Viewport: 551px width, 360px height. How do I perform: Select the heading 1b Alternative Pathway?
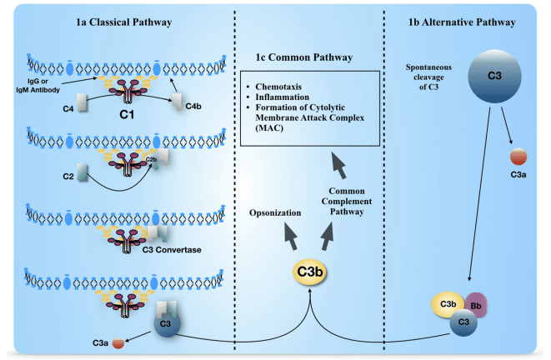[x=465, y=21]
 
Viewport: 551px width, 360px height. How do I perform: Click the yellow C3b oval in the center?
[x=308, y=272]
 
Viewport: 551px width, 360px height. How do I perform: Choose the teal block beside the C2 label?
[x=82, y=173]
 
